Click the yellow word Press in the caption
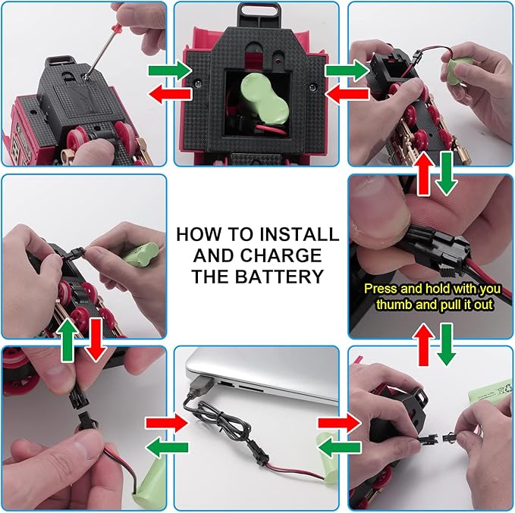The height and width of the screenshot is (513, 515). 382,289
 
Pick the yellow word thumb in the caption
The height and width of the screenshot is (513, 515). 394,305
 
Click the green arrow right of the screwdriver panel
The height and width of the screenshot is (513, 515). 169,70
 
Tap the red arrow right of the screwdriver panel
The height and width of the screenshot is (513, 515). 170,94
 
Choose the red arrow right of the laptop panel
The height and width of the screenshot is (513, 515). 340,424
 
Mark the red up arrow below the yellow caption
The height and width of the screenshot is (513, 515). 426,345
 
